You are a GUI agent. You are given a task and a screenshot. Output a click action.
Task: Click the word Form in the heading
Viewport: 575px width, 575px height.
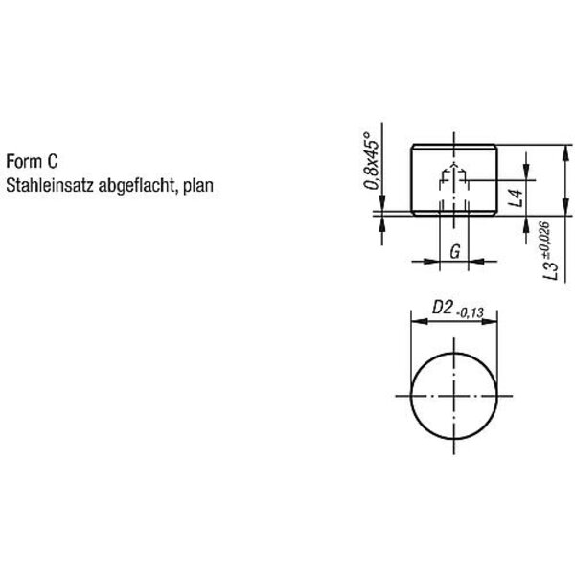coord(24,161)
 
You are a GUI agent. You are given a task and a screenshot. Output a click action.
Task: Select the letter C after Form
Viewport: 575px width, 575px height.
coord(53,161)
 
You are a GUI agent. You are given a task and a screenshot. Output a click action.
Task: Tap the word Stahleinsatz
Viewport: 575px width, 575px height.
coord(50,185)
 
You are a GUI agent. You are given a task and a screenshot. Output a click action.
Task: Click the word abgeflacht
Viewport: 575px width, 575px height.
coord(135,186)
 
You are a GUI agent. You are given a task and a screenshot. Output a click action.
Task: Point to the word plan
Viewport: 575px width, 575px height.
coord(198,186)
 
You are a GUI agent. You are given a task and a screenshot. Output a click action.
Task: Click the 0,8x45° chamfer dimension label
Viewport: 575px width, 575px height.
coord(371,161)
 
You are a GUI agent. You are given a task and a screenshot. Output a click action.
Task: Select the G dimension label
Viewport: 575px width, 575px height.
coord(454,252)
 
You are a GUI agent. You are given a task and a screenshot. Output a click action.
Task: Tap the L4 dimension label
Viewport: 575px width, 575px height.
coord(517,198)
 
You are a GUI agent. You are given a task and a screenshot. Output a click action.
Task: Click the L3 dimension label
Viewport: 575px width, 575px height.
coord(551,269)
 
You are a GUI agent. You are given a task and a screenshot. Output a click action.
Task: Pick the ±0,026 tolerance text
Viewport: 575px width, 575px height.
coord(545,240)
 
